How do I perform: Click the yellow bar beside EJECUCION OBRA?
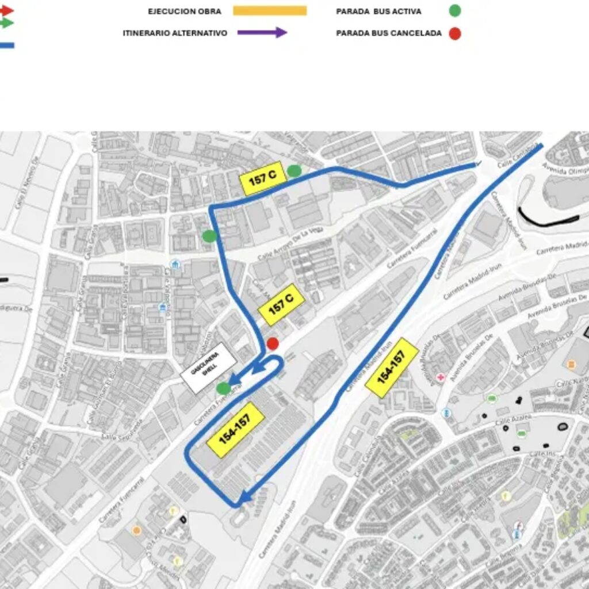click(270, 11)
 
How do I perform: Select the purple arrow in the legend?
click(262, 33)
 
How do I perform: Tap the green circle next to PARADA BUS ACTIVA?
click(455, 11)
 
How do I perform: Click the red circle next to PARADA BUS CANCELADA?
click(455, 33)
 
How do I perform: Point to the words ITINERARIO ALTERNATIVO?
click(175, 33)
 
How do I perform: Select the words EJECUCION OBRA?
click(184, 12)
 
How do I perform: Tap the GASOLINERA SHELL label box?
click(208, 372)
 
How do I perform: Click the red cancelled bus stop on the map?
click(273, 344)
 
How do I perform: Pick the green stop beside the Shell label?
click(224, 388)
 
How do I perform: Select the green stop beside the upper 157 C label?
click(294, 170)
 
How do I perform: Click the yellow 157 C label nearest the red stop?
click(281, 304)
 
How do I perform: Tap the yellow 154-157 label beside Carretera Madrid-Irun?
click(392, 367)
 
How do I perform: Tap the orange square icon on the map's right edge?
click(571, 365)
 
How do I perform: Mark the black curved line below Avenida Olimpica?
click(546, 219)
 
